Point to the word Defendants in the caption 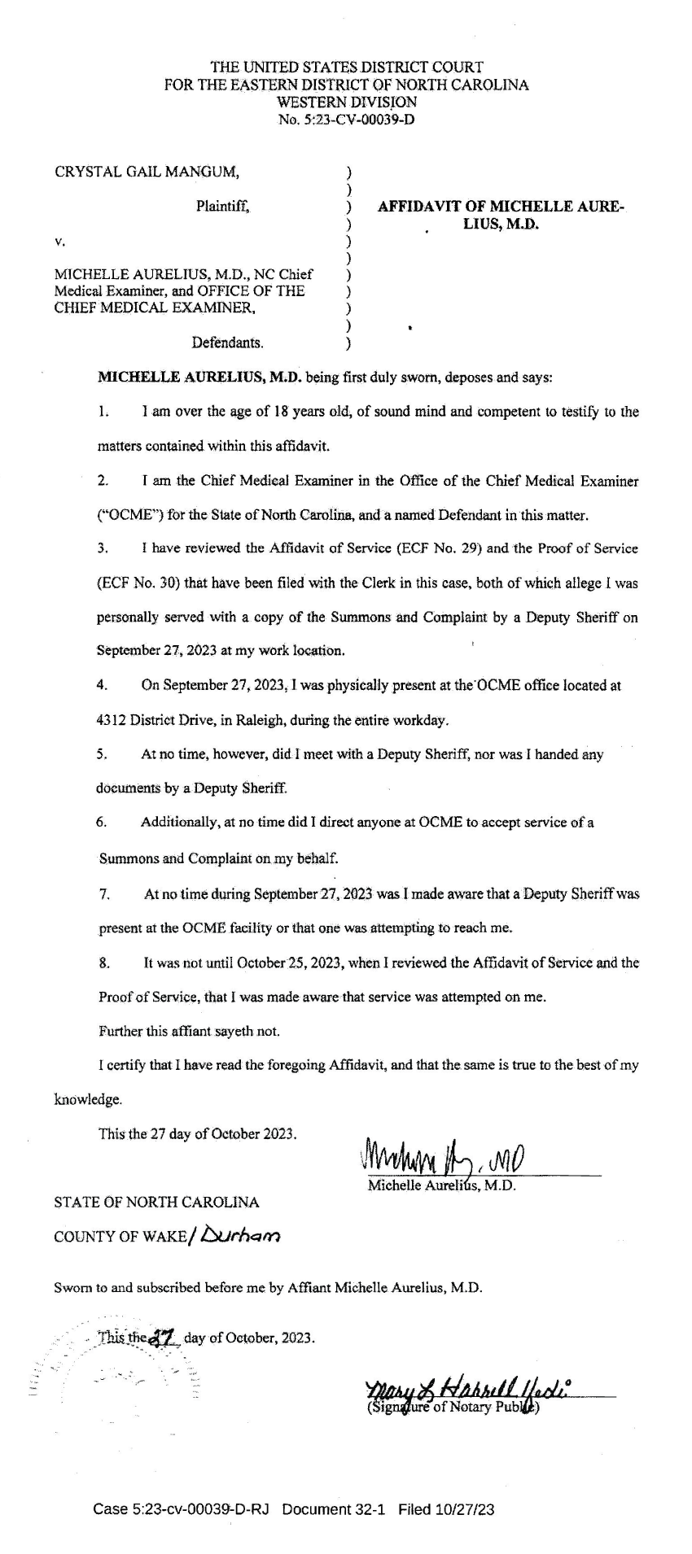[x=227, y=343]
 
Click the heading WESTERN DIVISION [x=347, y=102]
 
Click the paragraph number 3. [x=103, y=548]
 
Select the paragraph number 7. [x=104, y=894]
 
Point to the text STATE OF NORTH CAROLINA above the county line [x=156, y=1203]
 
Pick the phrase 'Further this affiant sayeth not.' [x=189, y=1032]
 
